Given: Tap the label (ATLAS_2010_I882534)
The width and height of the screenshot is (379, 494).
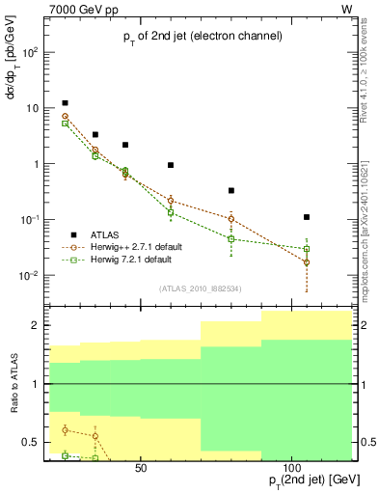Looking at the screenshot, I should click(202, 288).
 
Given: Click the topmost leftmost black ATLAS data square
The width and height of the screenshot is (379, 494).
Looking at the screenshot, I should click(65, 103).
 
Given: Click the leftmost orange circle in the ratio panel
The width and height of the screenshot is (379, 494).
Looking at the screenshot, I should click(65, 429).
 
